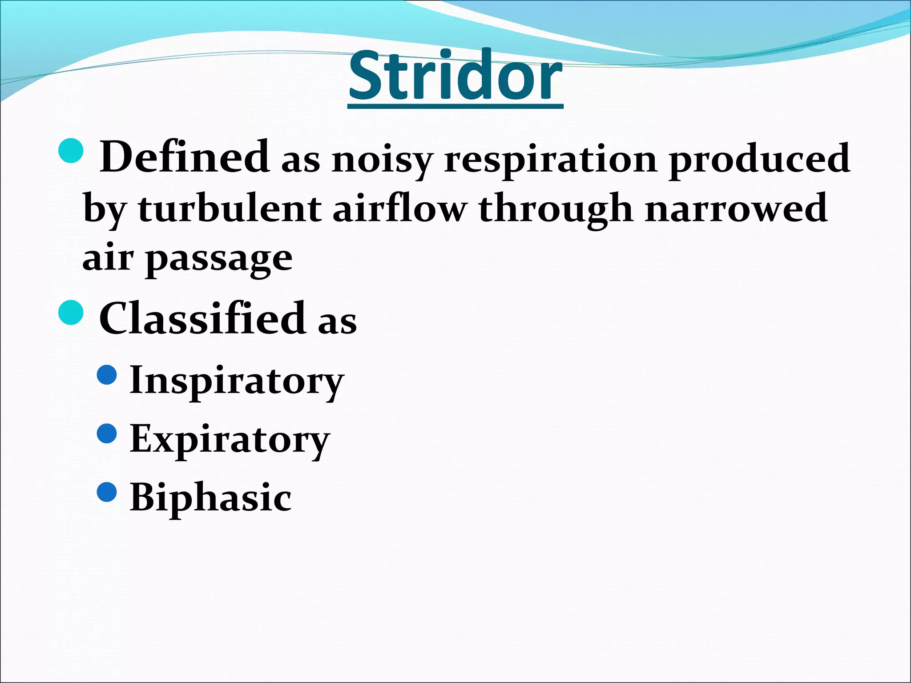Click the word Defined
pos(184,157)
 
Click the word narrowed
pos(736,209)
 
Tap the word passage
pos(219,260)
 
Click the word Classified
pos(202,318)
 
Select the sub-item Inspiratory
pos(237,382)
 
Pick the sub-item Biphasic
pos(210,497)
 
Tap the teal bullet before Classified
pos(71,313)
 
